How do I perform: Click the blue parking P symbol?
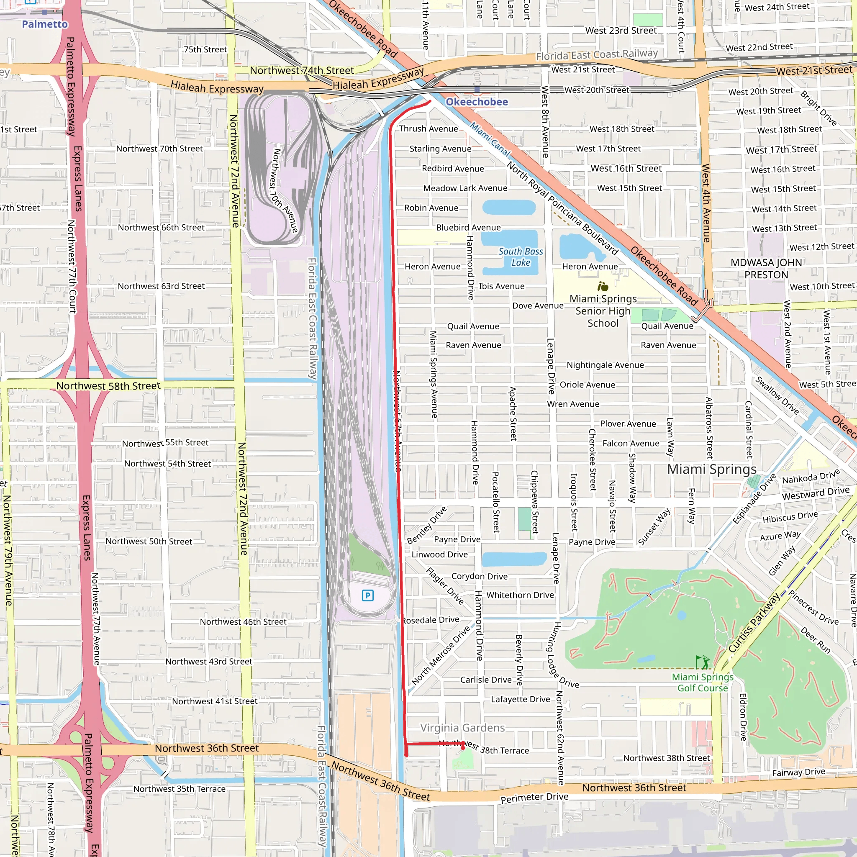point(368,595)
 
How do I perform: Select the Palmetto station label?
point(45,24)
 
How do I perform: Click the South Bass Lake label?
point(520,257)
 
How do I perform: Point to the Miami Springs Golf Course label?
point(703,682)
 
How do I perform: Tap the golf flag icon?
point(702,662)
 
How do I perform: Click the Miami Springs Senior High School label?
point(603,311)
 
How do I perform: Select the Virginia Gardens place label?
point(462,728)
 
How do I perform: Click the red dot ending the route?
point(463,748)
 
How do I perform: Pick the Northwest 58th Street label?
point(108,386)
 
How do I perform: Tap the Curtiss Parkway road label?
point(754,623)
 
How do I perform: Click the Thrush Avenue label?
point(428,128)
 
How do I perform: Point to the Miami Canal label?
point(490,139)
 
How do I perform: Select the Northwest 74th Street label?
point(302,71)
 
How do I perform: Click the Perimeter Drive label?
point(534,798)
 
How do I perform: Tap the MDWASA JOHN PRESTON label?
point(766,269)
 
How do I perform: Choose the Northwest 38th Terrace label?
point(483,747)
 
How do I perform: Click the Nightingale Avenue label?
point(605,365)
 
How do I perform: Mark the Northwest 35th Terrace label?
point(179,789)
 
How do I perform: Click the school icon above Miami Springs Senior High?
point(603,287)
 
